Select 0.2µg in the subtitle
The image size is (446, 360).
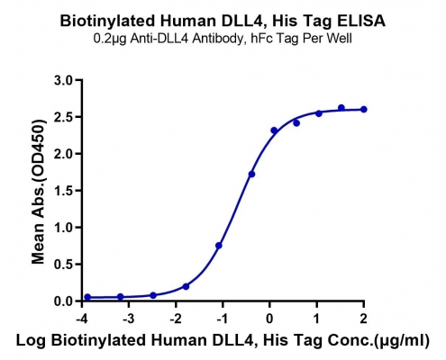[110, 39]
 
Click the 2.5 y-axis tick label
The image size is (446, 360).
[64, 117]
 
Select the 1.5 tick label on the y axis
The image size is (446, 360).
[64, 191]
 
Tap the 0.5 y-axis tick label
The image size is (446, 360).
[64, 265]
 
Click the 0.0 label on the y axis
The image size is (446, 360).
[64, 301]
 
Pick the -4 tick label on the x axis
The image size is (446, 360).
[82, 319]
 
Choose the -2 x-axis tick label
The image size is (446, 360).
[176, 319]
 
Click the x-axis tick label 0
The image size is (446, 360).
[269, 319]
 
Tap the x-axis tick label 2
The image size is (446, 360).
[364, 319]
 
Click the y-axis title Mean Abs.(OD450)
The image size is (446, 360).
[40, 192]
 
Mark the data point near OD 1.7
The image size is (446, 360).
[251, 174]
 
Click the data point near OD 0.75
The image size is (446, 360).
[219, 246]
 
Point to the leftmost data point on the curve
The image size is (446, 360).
[87, 297]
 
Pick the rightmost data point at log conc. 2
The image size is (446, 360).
[364, 109]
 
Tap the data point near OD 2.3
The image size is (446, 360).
[274, 130]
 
